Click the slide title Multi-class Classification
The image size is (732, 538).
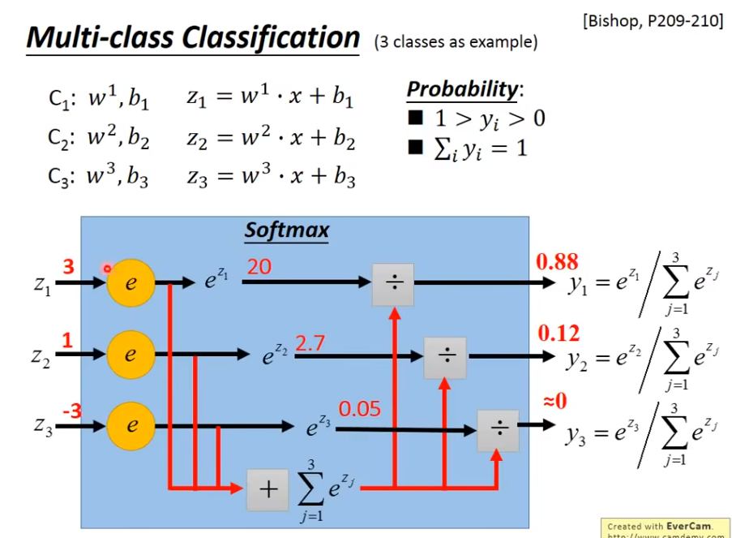[x=193, y=37]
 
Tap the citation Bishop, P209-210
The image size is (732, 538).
[x=652, y=19]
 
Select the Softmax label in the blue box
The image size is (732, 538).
[x=287, y=230]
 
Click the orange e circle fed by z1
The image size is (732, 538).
[x=130, y=283]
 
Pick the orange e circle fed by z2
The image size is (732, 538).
[x=130, y=355]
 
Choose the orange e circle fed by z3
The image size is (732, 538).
[x=130, y=424]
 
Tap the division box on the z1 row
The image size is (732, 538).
[x=393, y=284]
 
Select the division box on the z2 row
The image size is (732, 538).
[x=445, y=357]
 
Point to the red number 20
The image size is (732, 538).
[x=259, y=265]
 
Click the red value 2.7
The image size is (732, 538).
[x=310, y=342]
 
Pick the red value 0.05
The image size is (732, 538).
[x=359, y=409]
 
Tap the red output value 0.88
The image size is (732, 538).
[x=557, y=261]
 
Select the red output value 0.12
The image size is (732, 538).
[x=559, y=333]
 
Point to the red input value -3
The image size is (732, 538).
[x=71, y=411]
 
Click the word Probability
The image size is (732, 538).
[x=462, y=88]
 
